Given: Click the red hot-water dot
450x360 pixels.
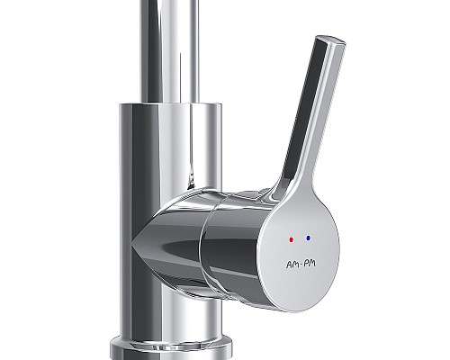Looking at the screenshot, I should (x=289, y=240).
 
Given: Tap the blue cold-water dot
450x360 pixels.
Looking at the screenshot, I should (x=309, y=238).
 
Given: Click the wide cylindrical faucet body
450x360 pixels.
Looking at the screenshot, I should (x=166, y=153).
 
